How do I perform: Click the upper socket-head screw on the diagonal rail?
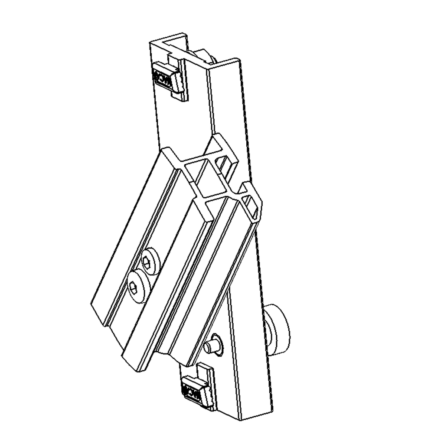click(x=150, y=261)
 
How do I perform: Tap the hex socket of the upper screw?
click(x=147, y=262)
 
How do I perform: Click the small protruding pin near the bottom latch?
click(x=212, y=346)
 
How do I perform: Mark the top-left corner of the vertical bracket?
click(x=150, y=42)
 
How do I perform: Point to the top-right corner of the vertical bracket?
click(x=238, y=59)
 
